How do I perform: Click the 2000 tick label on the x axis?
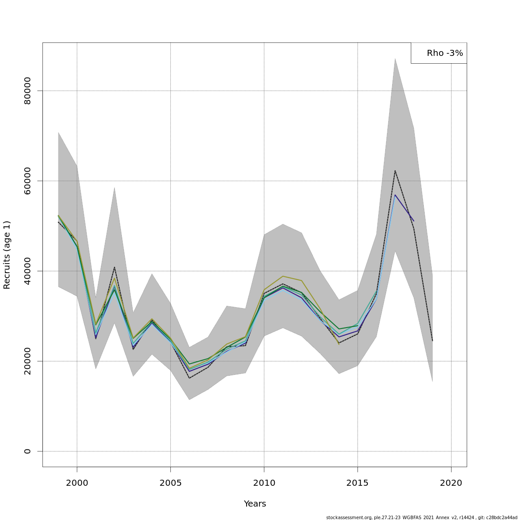[x=77, y=482]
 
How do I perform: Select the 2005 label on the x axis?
[x=170, y=482]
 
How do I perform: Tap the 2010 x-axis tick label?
[x=264, y=482]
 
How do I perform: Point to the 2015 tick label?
[x=357, y=482]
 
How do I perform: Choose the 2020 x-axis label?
[x=451, y=482]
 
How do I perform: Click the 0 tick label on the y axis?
[x=28, y=451]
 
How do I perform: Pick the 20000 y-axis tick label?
[x=28, y=361]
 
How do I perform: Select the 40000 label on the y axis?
[x=28, y=271]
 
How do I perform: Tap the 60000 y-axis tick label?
[x=28, y=181]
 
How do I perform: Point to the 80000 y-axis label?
[x=28, y=91]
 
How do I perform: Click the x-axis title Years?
[x=255, y=504]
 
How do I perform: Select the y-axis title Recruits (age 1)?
[x=7, y=255]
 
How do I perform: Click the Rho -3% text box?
[x=439, y=53]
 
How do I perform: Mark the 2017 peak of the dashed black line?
[x=395, y=170]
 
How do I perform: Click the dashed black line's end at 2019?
[x=432, y=341]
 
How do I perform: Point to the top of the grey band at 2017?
[x=395, y=58]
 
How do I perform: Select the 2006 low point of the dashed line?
[x=189, y=378]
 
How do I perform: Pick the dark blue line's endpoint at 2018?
[x=413, y=221]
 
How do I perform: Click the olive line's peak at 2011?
[x=283, y=276]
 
